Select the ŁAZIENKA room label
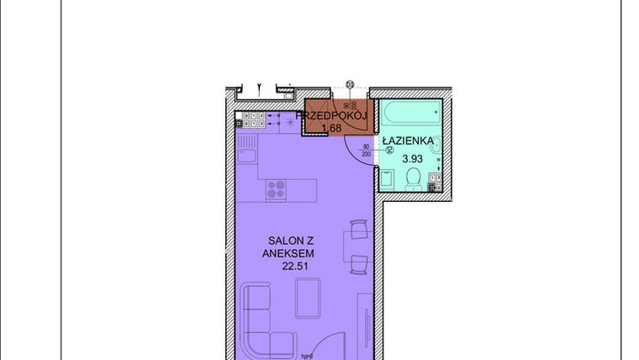[x=409, y=141]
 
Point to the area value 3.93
[x=412, y=157]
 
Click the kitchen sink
[x=246, y=155]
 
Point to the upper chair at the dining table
[x=358, y=230]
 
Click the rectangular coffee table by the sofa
[x=309, y=298]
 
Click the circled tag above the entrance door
[x=350, y=82]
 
